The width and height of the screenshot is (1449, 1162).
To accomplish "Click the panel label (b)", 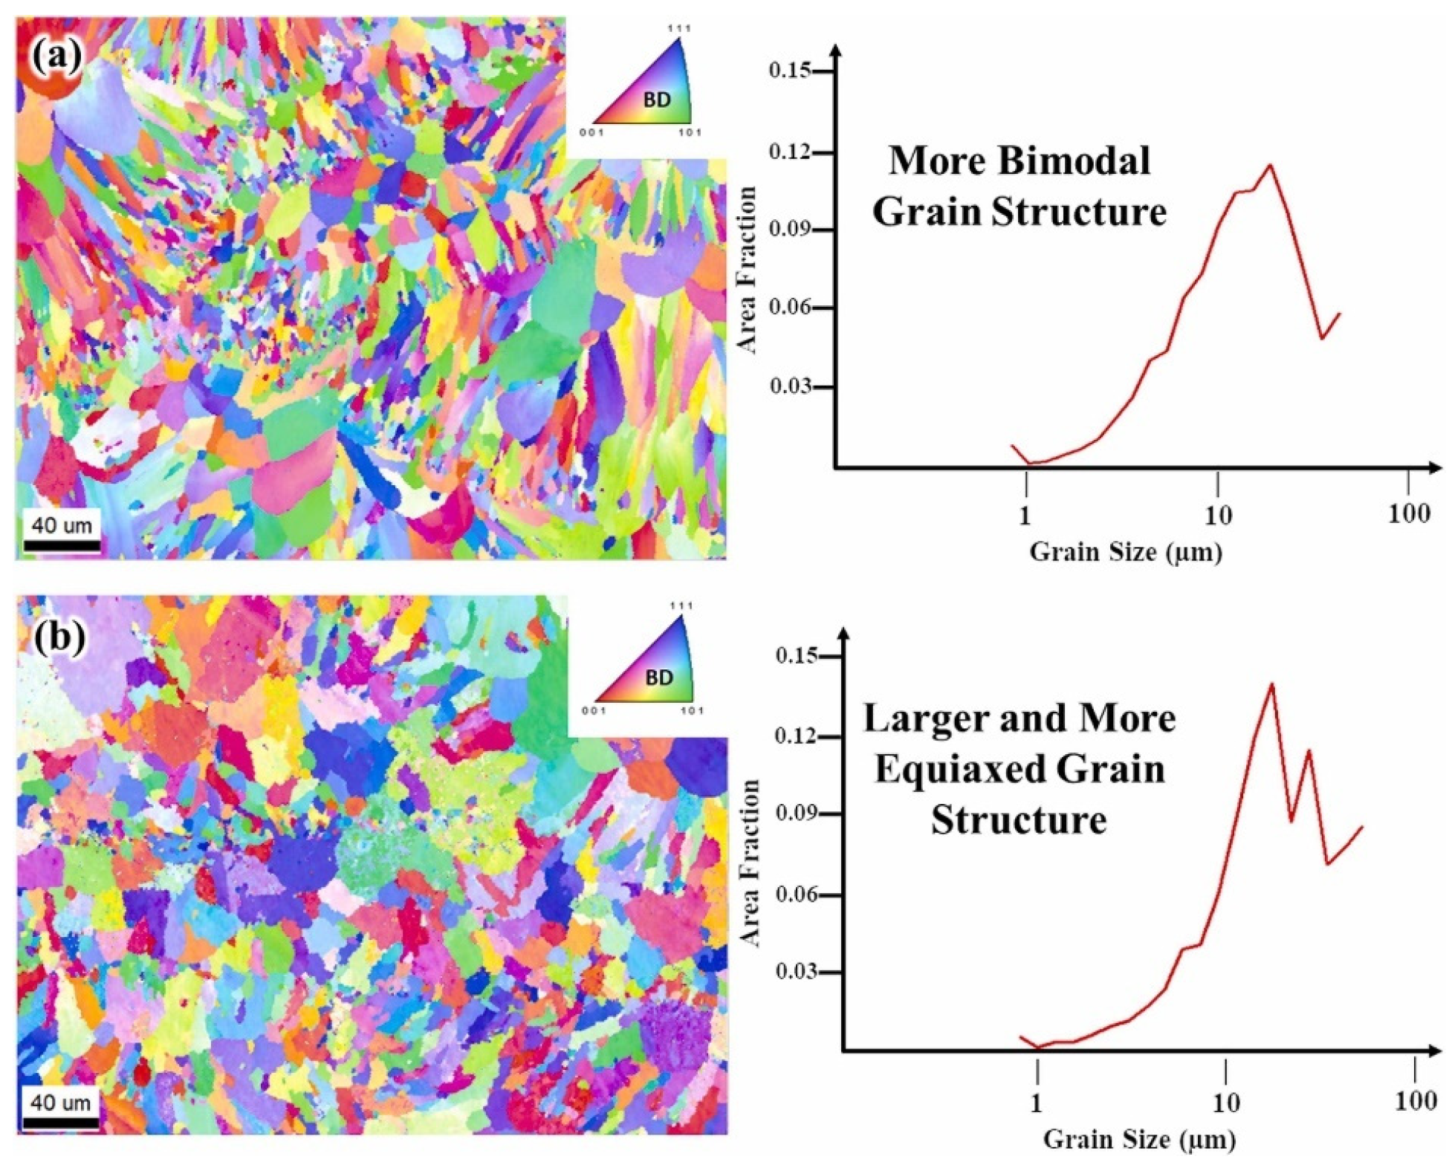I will pos(59,637).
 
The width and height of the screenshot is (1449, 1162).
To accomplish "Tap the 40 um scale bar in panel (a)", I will pos(62,545).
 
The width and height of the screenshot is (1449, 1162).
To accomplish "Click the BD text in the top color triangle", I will pos(657,100).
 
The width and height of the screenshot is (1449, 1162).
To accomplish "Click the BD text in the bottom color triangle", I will pos(658,678).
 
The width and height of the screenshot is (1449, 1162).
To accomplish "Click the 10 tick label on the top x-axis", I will pos(1217,514).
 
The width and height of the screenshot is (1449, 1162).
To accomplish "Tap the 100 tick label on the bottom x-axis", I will pos(1415,1100).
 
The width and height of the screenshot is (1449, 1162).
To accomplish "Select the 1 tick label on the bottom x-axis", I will pos(1037,1103).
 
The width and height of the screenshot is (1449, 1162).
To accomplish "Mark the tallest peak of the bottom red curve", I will pos(1272,684).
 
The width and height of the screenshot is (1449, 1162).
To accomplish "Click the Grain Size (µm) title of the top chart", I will pos(1126,552).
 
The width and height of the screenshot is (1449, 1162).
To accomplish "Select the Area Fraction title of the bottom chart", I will pos(751,863).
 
